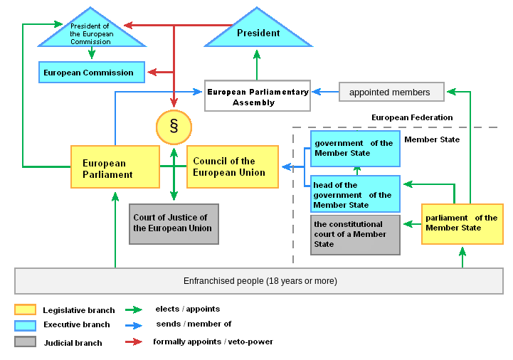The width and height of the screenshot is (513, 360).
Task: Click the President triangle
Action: pos(258,32)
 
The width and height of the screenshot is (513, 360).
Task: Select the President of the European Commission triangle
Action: pos(90,33)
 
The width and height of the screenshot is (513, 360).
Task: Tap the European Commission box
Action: pos(92,72)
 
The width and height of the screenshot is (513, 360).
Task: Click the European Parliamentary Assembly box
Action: pos(258,96)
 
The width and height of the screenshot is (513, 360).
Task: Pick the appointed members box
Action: pos(391,92)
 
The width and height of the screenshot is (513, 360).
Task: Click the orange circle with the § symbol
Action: pos(174,127)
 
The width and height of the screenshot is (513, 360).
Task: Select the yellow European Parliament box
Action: pos(115,167)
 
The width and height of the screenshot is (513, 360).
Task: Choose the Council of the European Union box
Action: pos(232,167)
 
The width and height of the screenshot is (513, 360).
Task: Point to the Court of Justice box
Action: pos(174,224)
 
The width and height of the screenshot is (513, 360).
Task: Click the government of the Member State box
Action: pos(354,149)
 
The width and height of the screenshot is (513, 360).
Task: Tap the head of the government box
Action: pos(354,194)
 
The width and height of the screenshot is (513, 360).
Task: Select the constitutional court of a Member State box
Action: pos(354,235)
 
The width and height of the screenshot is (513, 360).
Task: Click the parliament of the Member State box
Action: pos(462,223)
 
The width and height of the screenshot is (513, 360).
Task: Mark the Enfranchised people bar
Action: pos(259,281)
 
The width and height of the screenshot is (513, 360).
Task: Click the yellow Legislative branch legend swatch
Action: pos(25,309)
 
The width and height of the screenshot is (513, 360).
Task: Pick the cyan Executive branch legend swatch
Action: pos(25,325)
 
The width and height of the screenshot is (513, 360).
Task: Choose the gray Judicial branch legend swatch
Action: pos(25,342)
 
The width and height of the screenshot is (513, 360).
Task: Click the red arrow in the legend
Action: pos(134,342)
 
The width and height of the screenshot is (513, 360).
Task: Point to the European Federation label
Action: pos(412,117)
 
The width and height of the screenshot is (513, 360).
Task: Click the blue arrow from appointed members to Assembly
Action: pos(325,92)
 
